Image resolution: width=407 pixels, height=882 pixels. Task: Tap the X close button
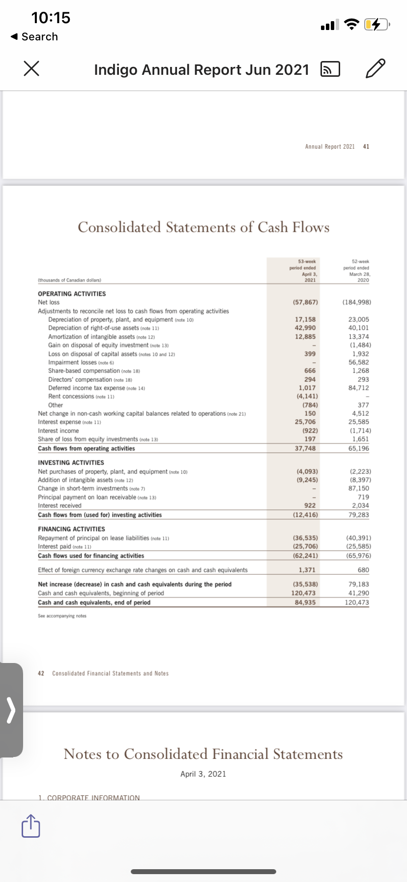(x=31, y=69)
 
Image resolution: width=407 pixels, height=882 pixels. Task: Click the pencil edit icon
(x=376, y=69)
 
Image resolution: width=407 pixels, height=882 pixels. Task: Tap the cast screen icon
(x=330, y=70)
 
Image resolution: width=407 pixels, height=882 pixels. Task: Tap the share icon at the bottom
(x=30, y=825)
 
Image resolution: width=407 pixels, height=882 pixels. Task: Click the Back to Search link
(x=34, y=37)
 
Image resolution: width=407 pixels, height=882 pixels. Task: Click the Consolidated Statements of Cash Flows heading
(x=203, y=227)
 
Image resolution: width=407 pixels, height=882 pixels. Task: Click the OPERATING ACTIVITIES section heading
(x=72, y=294)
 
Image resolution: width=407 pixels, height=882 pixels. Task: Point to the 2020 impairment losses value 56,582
(x=360, y=362)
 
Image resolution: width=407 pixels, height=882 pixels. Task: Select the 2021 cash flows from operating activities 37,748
(x=305, y=448)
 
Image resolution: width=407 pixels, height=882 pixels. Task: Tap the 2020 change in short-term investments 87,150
(x=359, y=488)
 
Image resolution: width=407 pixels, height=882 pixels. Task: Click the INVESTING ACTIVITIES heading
(x=71, y=463)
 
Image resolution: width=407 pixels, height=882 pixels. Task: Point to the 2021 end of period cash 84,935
(x=305, y=602)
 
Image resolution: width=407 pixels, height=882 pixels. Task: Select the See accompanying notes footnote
(x=62, y=616)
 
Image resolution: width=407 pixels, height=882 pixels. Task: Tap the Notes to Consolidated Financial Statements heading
(x=203, y=754)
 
